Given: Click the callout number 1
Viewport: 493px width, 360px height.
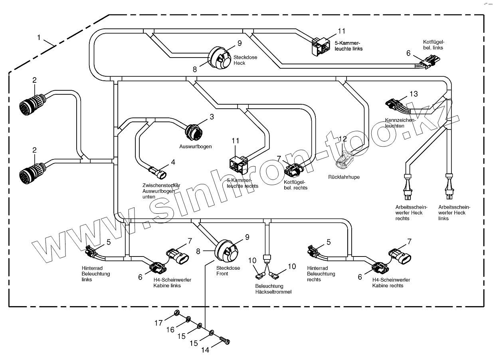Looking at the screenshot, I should click(39, 38).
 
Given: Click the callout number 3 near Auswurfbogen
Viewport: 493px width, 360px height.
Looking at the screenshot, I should click(212, 117).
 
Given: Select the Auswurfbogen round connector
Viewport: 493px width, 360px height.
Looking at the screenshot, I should click(194, 131).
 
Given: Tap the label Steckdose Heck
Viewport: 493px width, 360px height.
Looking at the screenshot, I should click(240, 60).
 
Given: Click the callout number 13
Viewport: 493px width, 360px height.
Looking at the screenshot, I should click(414, 94).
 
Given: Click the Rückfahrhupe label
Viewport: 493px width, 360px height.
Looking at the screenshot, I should click(344, 177).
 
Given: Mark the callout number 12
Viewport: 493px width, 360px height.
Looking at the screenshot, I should click(343, 139).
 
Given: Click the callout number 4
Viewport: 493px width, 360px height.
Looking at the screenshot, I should click(173, 162).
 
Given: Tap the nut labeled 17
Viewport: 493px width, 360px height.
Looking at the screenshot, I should click(176, 313).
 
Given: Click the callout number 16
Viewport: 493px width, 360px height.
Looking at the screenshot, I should click(170, 329).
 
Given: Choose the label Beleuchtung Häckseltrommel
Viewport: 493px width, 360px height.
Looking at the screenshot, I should click(273, 289).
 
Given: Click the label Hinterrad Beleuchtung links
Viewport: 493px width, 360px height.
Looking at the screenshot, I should click(95, 274).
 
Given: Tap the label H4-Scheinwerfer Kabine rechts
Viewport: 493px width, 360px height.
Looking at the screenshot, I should click(391, 282).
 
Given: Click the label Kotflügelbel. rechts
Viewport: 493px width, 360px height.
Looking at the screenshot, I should click(295, 185).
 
